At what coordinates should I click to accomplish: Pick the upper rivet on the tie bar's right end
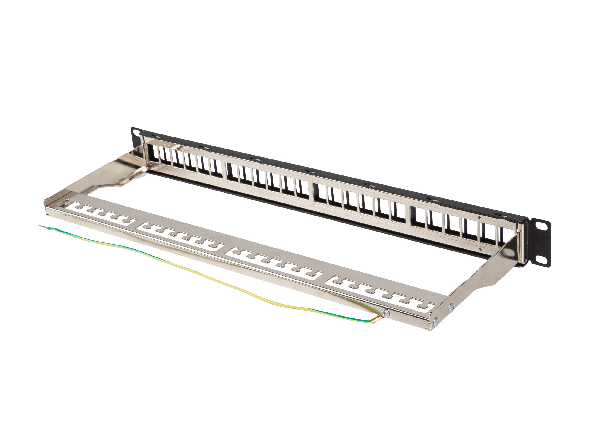coord(452,306)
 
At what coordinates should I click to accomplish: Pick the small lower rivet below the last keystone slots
coord(480,249)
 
